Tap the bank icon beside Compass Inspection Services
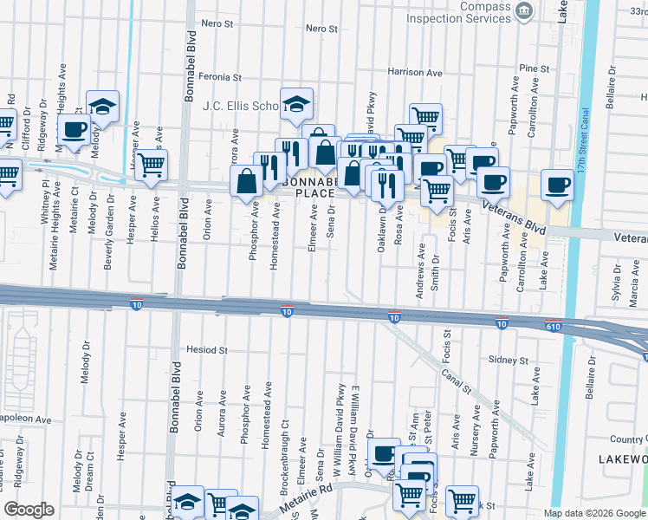point(524,11)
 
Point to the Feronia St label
point(219,77)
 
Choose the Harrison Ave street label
point(415,72)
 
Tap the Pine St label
point(535,68)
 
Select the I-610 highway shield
point(554,326)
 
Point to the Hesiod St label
point(206,351)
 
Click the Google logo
point(29,510)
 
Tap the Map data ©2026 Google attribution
point(593,513)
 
